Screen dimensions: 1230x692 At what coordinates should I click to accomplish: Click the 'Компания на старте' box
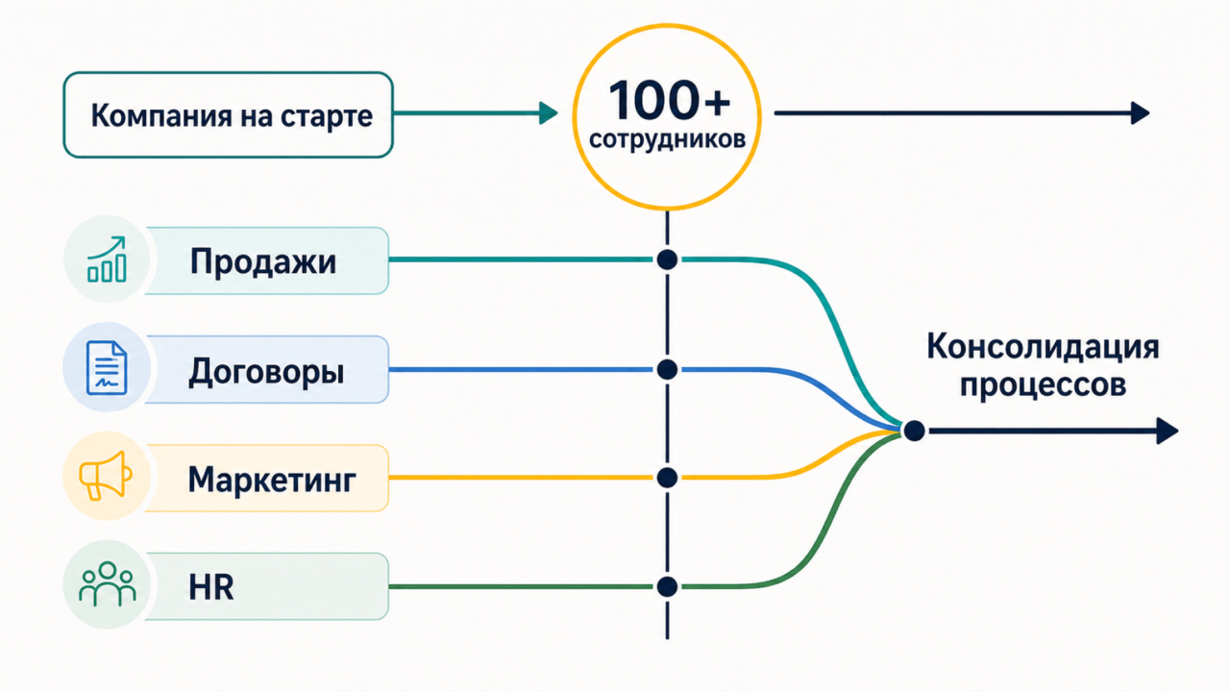pyautogui.click(x=228, y=114)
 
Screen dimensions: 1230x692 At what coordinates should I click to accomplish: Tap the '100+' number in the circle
pyautogui.click(x=670, y=100)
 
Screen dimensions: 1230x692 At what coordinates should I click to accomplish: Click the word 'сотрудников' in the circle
pyautogui.click(x=667, y=139)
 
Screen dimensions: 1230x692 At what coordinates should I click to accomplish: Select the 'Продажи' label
pyautogui.click(x=263, y=261)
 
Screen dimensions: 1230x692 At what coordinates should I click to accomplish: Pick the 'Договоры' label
pyautogui.click(x=266, y=372)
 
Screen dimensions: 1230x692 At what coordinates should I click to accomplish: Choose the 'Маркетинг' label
pyautogui.click(x=272, y=480)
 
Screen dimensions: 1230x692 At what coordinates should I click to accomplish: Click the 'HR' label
pyautogui.click(x=211, y=587)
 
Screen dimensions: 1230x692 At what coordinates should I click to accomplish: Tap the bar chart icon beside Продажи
pyautogui.click(x=107, y=259)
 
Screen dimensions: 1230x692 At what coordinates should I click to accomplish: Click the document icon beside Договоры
pyautogui.click(x=107, y=367)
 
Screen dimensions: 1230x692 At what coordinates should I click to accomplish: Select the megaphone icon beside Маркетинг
pyautogui.click(x=106, y=476)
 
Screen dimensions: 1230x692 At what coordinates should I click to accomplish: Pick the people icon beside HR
pyautogui.click(x=107, y=583)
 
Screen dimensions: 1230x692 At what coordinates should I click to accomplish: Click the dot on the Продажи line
pyautogui.click(x=667, y=259)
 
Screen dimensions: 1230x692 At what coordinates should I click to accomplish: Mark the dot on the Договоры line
pyautogui.click(x=667, y=370)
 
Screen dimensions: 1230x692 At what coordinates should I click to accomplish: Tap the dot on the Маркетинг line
pyautogui.click(x=667, y=478)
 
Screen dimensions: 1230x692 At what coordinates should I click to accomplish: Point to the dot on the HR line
pyautogui.click(x=667, y=586)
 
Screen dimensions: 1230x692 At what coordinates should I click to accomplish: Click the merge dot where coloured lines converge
pyautogui.click(x=914, y=432)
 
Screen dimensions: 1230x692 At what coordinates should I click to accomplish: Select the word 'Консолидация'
pyautogui.click(x=1043, y=348)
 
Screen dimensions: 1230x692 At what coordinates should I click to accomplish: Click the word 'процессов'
pyautogui.click(x=1043, y=384)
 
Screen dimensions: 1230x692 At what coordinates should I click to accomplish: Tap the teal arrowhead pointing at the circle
pyautogui.click(x=549, y=113)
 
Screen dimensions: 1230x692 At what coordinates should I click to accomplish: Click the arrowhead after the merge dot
pyautogui.click(x=1168, y=432)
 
